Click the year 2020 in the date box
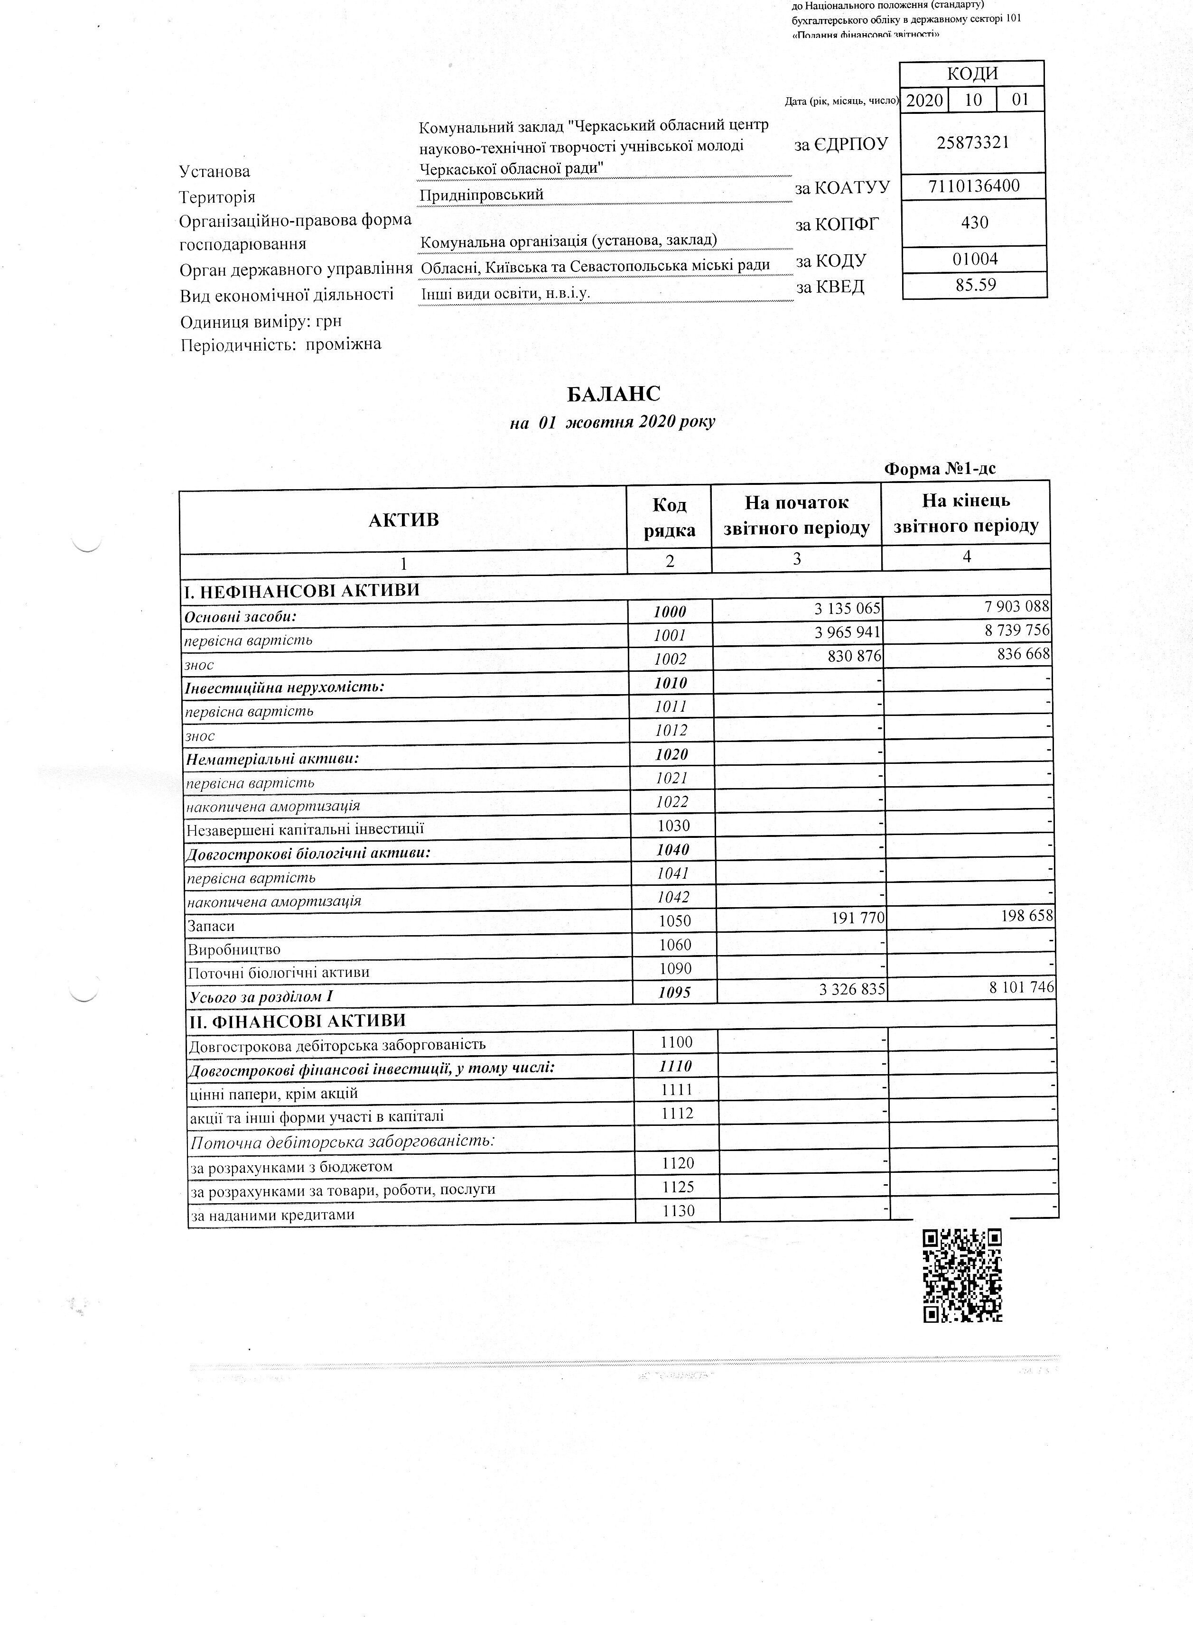click(x=924, y=100)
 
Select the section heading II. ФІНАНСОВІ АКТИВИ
click(x=295, y=1021)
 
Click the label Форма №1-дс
click(x=940, y=468)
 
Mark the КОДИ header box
click(x=972, y=74)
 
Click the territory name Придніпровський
click(x=482, y=195)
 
